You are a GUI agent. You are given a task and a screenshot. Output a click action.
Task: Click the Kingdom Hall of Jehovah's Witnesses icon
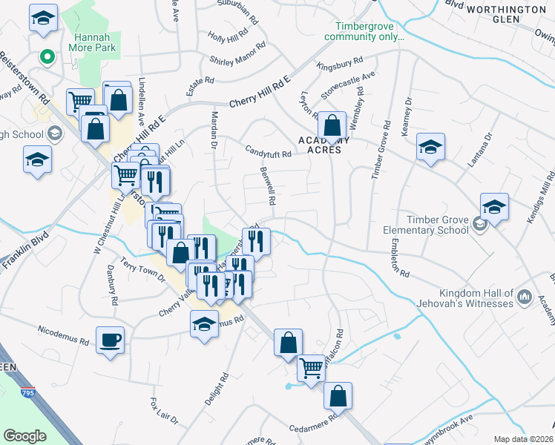525,297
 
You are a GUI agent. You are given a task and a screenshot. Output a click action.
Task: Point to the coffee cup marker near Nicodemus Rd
111,340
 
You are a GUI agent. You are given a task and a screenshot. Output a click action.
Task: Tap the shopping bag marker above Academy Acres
333,124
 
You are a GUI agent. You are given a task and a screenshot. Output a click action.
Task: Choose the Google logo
24,436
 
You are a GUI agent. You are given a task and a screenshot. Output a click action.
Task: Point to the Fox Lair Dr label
164,412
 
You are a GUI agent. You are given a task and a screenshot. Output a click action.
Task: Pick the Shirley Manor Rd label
233,61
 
